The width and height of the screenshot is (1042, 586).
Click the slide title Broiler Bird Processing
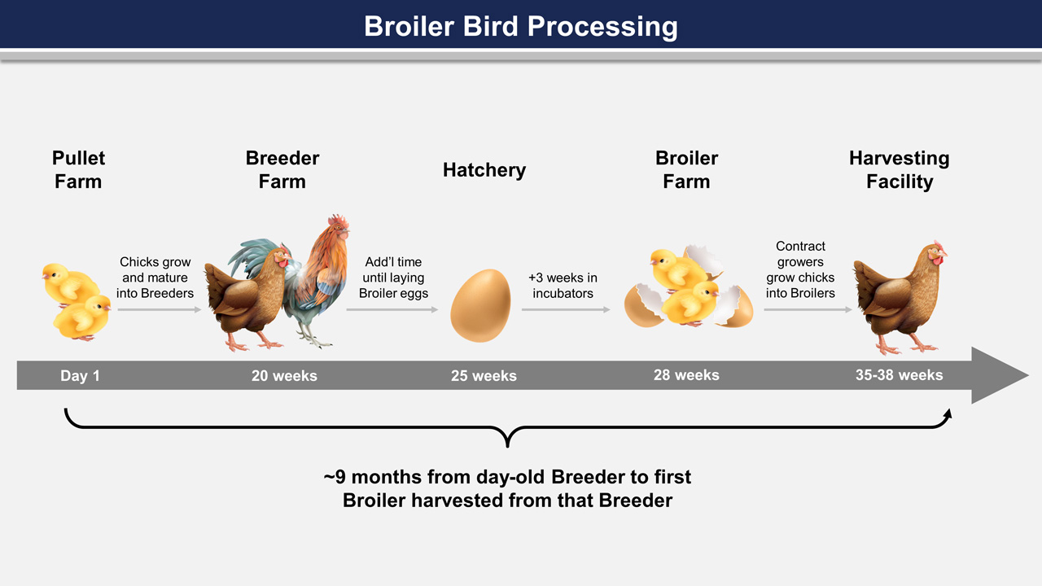pyautogui.click(x=520, y=26)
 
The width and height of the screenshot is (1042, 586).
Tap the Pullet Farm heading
pyautogui.click(x=78, y=170)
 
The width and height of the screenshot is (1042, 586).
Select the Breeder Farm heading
pyautogui.click(x=282, y=170)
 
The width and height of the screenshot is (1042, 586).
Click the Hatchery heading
pyautogui.click(x=484, y=170)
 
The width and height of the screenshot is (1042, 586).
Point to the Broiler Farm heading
pyautogui.click(x=686, y=170)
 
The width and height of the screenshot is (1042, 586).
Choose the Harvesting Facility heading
pyautogui.click(x=900, y=170)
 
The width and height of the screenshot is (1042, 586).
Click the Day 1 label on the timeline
pyautogui.click(x=80, y=376)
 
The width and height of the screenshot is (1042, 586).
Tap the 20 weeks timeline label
pyautogui.click(x=284, y=376)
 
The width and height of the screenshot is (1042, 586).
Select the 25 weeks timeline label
pyautogui.click(x=484, y=376)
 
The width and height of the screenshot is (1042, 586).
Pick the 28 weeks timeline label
pyautogui.click(x=686, y=375)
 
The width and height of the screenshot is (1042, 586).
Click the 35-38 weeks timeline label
pyautogui.click(x=900, y=375)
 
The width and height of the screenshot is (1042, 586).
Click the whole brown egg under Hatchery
pyautogui.click(x=480, y=305)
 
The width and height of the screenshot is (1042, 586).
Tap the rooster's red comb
pyautogui.click(x=338, y=220)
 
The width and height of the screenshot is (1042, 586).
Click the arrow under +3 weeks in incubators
pyautogui.click(x=565, y=310)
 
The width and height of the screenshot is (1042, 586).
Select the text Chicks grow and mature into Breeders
pyautogui.click(x=155, y=278)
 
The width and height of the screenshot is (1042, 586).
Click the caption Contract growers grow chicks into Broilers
pyautogui.click(x=800, y=269)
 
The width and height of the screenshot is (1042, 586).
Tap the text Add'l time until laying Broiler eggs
pyautogui.click(x=393, y=278)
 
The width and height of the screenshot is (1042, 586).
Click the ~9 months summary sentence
pyautogui.click(x=507, y=489)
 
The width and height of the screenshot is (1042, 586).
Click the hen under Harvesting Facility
pyautogui.click(x=899, y=298)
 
